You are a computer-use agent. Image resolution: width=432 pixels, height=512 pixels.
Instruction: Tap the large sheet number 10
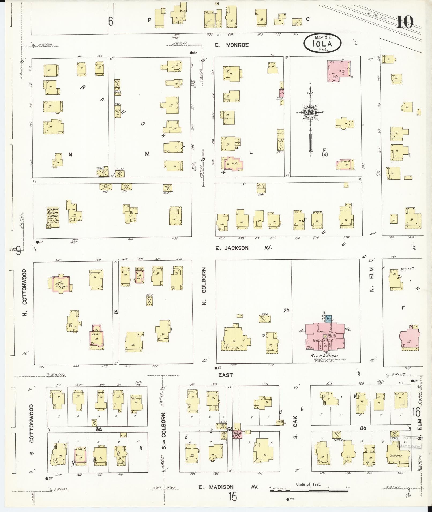point(405,22)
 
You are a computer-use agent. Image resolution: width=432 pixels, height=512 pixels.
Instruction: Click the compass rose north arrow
point(310,118)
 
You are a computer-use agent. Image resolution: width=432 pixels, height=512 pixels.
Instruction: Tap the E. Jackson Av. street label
point(243,248)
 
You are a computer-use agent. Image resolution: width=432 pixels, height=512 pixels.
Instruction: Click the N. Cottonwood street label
point(25,293)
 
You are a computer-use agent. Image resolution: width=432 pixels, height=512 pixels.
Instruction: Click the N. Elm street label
point(372,280)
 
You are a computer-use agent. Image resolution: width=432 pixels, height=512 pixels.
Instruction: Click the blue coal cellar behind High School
point(330,318)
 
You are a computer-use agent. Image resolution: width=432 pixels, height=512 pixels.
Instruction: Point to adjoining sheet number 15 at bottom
point(233,497)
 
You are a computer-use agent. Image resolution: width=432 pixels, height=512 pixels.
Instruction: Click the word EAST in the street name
point(225,375)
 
